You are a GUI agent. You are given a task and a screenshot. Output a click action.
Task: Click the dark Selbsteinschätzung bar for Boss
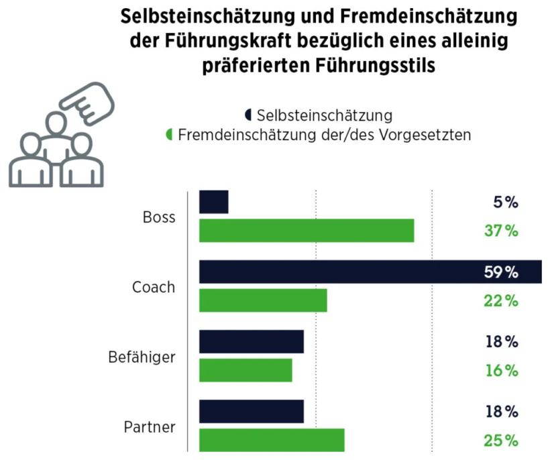point(214,202)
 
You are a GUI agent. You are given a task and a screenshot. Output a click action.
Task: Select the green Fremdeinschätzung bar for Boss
point(307,231)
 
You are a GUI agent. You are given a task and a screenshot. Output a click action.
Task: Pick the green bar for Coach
point(263,300)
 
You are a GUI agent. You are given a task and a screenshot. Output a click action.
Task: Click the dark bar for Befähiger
point(252,341)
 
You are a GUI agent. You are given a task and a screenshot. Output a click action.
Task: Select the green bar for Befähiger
point(245,370)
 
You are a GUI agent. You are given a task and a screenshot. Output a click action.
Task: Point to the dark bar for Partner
point(252,412)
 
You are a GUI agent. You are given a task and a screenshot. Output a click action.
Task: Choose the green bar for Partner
point(272,440)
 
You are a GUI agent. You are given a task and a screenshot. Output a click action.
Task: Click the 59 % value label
point(501,272)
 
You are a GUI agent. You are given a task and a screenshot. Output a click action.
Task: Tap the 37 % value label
point(501,231)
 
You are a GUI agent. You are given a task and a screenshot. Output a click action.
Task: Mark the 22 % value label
point(501,301)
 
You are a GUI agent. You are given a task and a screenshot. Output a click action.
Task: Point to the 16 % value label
point(501,371)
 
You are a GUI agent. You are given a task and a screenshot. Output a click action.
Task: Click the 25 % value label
point(501,441)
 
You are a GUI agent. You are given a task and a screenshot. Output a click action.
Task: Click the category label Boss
point(159,217)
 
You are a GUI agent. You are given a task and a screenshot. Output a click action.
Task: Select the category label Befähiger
point(142,357)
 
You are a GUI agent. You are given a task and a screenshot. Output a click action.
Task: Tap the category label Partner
point(150,426)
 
